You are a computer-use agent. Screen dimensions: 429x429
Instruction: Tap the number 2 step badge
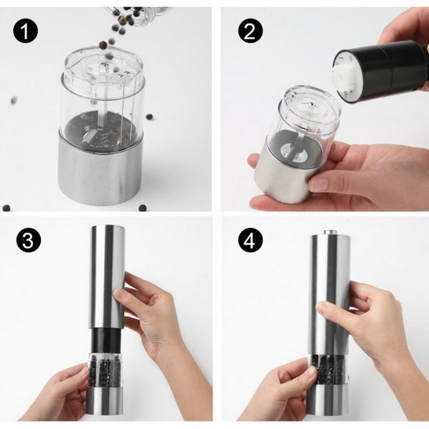250,31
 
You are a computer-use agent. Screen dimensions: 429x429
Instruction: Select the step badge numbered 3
28,240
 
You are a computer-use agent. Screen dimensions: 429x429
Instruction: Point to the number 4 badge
250,240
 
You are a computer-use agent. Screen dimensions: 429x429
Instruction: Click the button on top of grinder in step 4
331,232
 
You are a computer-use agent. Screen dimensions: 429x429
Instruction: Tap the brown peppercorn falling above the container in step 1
103,44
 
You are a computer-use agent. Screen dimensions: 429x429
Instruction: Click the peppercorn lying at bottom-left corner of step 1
6,208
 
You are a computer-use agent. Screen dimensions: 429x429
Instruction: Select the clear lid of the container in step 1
104,70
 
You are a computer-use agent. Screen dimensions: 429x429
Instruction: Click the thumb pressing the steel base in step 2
323,184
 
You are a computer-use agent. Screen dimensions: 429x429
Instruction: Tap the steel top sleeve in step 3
108,276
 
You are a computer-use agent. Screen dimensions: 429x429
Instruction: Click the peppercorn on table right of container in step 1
150,117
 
